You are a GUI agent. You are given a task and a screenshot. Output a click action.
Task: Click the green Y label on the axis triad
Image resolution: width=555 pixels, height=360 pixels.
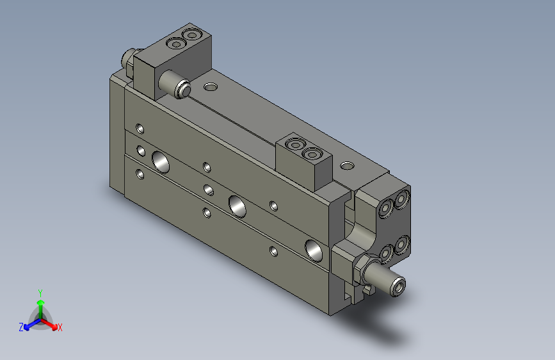coord(40,292)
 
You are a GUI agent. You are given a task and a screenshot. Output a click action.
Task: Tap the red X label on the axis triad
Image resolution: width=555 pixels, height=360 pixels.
coord(60,327)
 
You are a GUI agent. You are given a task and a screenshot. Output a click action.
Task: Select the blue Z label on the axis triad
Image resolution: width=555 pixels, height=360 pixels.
coord(21,327)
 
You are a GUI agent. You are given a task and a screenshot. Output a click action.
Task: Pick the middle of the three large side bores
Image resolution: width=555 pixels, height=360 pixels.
coord(237,206)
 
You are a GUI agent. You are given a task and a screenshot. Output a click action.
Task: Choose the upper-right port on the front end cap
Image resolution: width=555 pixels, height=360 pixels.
coord(402,200)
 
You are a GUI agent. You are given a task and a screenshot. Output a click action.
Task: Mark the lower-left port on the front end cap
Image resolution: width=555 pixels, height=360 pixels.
coord(387,254)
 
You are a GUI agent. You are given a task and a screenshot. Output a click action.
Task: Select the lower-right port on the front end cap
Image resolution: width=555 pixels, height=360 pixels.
coord(403,244)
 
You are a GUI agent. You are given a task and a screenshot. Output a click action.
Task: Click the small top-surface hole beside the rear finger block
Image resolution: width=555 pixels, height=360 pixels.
coord(211,86)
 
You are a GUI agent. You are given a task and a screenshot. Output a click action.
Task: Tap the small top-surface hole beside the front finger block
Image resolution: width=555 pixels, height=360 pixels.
coord(347,166)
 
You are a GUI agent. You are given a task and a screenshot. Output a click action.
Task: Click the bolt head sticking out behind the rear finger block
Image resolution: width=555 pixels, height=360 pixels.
coord(128,60)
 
